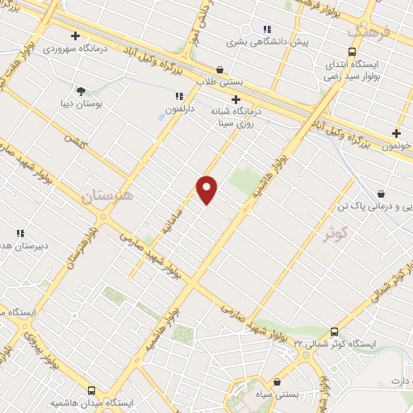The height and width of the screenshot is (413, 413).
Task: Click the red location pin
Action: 207,189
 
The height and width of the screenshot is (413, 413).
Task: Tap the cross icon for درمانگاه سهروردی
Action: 75,35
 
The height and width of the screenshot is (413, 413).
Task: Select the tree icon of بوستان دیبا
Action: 80,90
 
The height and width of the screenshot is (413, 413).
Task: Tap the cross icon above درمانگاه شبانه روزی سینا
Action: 235,98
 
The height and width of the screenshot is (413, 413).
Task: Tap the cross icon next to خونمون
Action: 396,133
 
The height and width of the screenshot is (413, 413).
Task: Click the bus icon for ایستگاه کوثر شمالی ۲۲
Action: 334,332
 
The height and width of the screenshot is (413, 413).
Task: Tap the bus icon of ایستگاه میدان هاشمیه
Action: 91,390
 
